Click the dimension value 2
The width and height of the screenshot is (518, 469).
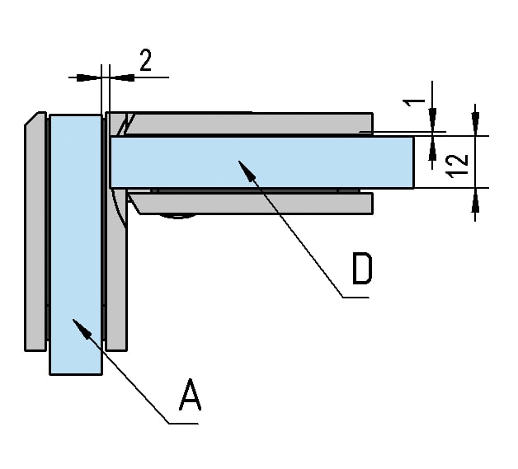click(x=145, y=61)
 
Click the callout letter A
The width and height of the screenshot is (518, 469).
click(x=190, y=395)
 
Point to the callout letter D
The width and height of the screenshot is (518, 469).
click(x=361, y=269)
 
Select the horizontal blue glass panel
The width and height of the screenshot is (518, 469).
click(x=261, y=162)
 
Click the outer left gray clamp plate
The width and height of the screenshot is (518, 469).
click(x=34, y=239)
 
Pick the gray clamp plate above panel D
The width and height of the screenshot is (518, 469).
click(x=247, y=123)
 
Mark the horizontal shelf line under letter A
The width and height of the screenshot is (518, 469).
click(x=182, y=424)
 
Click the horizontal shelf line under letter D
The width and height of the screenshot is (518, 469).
click(x=356, y=298)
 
